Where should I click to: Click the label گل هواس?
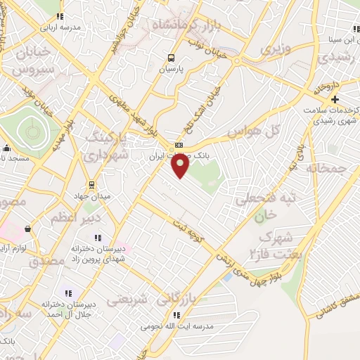255,131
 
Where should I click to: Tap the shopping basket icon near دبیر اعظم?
27,229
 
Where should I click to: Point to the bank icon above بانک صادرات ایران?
179,145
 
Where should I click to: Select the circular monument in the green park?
30,129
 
